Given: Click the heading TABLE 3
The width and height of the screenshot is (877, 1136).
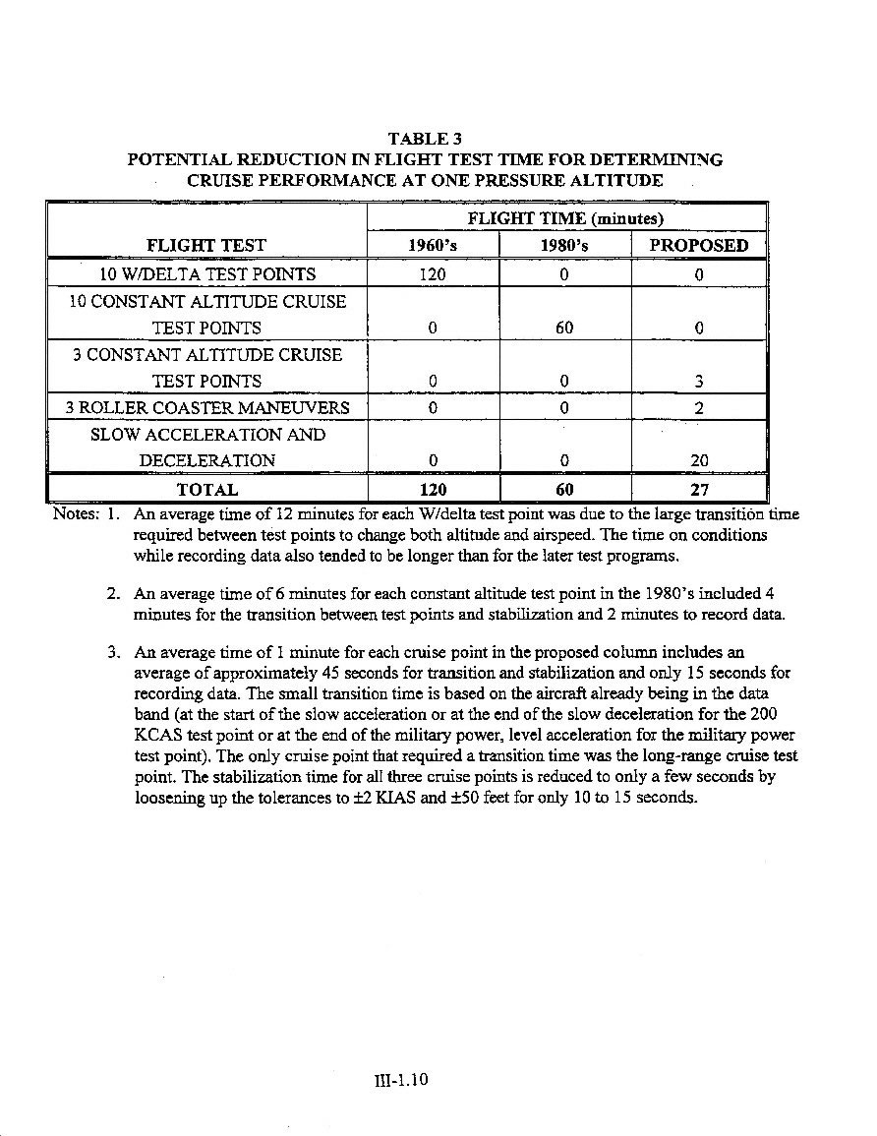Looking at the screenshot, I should (425, 139).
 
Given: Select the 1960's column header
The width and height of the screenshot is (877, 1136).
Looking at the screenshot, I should (432, 246).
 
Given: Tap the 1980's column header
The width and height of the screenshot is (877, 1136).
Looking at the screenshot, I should (564, 246).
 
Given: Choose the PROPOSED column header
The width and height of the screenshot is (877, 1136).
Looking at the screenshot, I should (698, 246).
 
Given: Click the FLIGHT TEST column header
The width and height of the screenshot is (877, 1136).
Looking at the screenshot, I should (206, 246).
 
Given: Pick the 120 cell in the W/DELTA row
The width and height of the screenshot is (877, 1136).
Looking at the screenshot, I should (433, 274).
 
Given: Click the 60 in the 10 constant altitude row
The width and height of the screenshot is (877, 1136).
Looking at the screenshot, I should (564, 328).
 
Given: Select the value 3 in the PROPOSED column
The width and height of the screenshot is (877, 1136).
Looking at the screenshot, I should (698, 382).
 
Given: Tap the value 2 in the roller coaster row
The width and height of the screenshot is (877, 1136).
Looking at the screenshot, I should (698, 407).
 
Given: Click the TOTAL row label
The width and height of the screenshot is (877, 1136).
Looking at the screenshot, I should (206, 489).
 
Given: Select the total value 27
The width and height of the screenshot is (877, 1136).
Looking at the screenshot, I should (698, 489).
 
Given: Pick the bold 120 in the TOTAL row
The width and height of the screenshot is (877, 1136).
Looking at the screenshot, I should (433, 489).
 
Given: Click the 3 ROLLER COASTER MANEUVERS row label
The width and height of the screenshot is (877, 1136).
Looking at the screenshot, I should (207, 408).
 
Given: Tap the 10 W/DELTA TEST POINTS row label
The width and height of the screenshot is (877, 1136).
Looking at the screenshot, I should (207, 274).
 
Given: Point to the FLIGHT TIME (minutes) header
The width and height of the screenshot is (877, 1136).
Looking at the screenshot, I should (565, 218).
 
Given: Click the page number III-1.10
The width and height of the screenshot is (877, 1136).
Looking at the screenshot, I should (402, 1080).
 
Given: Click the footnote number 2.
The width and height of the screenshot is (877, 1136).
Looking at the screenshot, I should (112, 594).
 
